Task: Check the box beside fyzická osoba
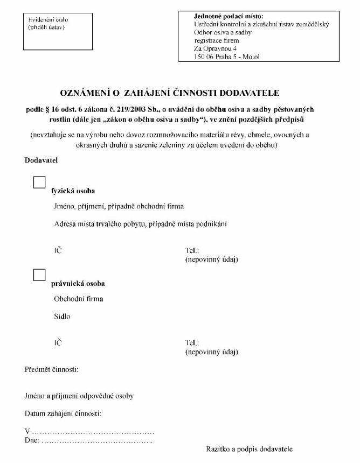point(39,182)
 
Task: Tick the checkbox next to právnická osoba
point(39,275)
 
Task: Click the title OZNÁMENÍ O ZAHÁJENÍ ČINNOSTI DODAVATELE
point(175,93)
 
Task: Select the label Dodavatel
point(41,160)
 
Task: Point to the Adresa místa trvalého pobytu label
point(139,224)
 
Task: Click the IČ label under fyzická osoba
point(58,251)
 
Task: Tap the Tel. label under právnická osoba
point(192,343)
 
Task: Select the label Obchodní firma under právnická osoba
point(79,299)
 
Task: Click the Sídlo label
point(62,317)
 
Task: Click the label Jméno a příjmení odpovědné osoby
point(79,396)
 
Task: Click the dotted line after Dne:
point(97,441)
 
